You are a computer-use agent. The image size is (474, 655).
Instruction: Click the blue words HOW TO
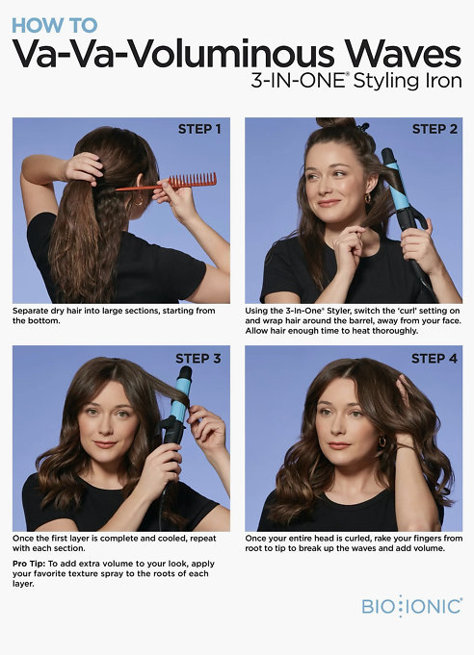tap(54, 25)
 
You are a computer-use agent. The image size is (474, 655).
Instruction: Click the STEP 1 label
tap(199, 129)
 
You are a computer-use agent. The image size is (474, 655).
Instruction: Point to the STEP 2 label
tap(434, 129)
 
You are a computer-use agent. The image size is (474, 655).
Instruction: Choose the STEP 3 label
tap(197, 359)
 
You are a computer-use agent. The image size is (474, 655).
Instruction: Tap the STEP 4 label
tap(434, 359)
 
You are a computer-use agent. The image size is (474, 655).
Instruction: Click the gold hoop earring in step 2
tap(368, 197)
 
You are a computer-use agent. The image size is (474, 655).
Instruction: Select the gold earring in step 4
tap(382, 441)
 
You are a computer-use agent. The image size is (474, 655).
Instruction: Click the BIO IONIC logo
tap(412, 606)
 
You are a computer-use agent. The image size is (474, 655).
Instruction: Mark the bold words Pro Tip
tap(30, 564)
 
